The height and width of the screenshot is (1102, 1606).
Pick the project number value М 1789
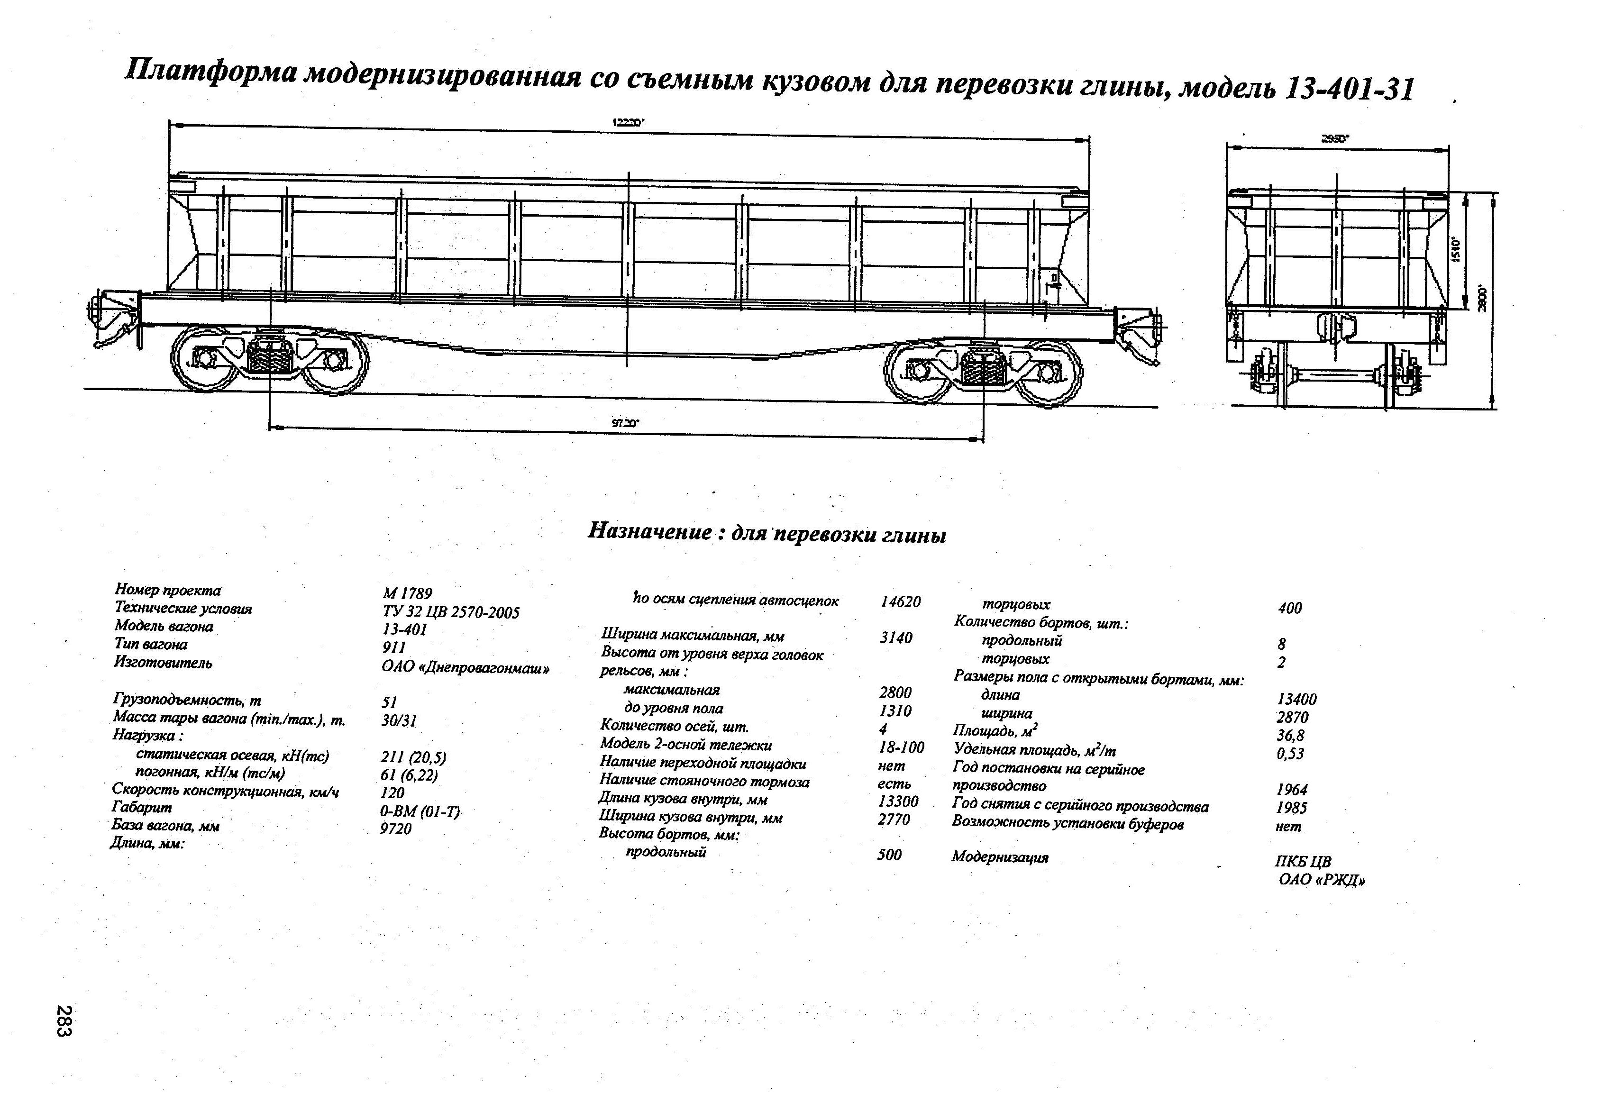407,593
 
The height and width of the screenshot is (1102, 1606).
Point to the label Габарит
142,807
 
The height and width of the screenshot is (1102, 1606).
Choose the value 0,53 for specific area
1289,753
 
